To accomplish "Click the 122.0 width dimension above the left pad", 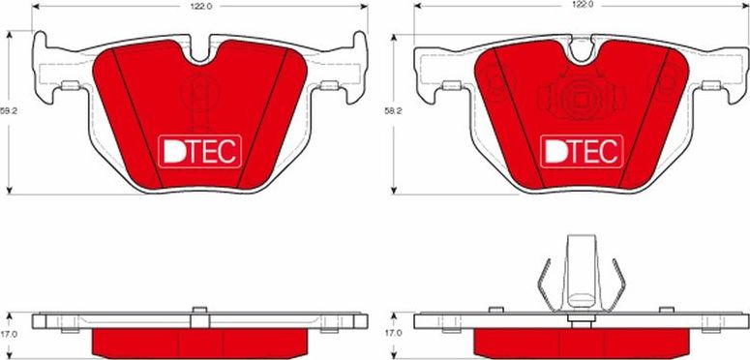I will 200,6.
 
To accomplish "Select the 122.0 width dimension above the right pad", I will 581,6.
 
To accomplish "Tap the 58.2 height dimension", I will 392,111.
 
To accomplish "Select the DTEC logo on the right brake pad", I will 581,150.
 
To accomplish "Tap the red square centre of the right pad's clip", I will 581,100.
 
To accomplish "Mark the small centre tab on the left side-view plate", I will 200,311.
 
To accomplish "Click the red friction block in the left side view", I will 200,340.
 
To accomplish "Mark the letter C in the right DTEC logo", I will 607,150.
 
